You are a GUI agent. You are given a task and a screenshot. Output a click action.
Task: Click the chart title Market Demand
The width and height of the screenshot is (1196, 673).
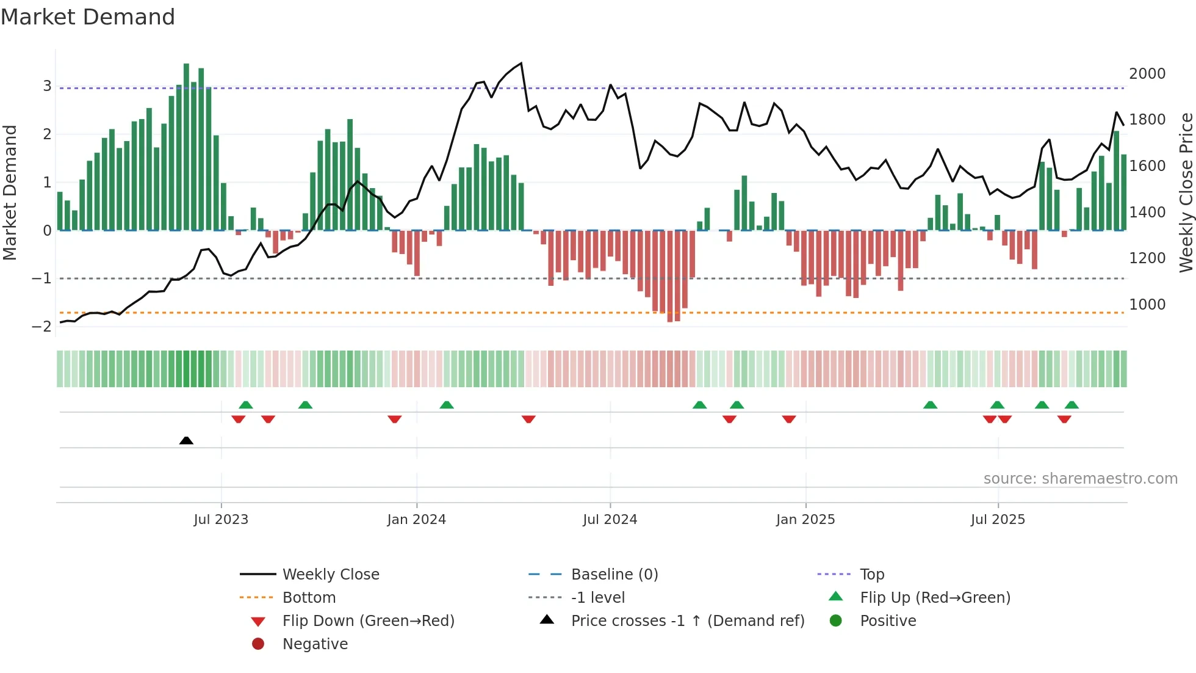coord(88,17)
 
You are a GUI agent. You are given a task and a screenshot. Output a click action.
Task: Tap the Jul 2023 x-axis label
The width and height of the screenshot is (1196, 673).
coord(221,520)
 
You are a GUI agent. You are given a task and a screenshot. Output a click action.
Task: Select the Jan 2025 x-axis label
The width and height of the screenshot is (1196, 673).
coord(805,520)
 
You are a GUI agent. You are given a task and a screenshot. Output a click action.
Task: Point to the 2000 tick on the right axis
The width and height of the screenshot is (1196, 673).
coord(1147,74)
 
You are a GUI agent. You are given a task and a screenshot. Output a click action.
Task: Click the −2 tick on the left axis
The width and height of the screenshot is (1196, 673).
coord(41,327)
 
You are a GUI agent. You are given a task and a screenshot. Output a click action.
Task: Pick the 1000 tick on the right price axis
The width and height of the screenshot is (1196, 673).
coord(1147,305)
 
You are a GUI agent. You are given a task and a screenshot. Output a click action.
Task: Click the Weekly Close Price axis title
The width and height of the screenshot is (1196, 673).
coord(1186,192)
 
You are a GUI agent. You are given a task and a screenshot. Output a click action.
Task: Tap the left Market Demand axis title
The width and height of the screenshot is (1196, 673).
coord(10,192)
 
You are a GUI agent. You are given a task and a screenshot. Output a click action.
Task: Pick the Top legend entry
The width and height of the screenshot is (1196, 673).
coord(872,575)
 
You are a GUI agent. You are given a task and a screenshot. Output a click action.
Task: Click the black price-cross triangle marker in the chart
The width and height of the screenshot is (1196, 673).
coord(186,441)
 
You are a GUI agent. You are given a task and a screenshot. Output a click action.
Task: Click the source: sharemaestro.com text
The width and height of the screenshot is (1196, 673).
coord(1080,479)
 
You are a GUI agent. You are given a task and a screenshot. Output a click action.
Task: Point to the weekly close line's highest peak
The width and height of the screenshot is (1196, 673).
coord(521,64)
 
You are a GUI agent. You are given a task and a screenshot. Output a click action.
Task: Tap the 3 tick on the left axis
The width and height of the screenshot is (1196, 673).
coord(47,86)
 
